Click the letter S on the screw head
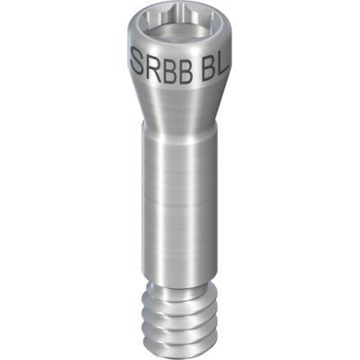tap(137, 61)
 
